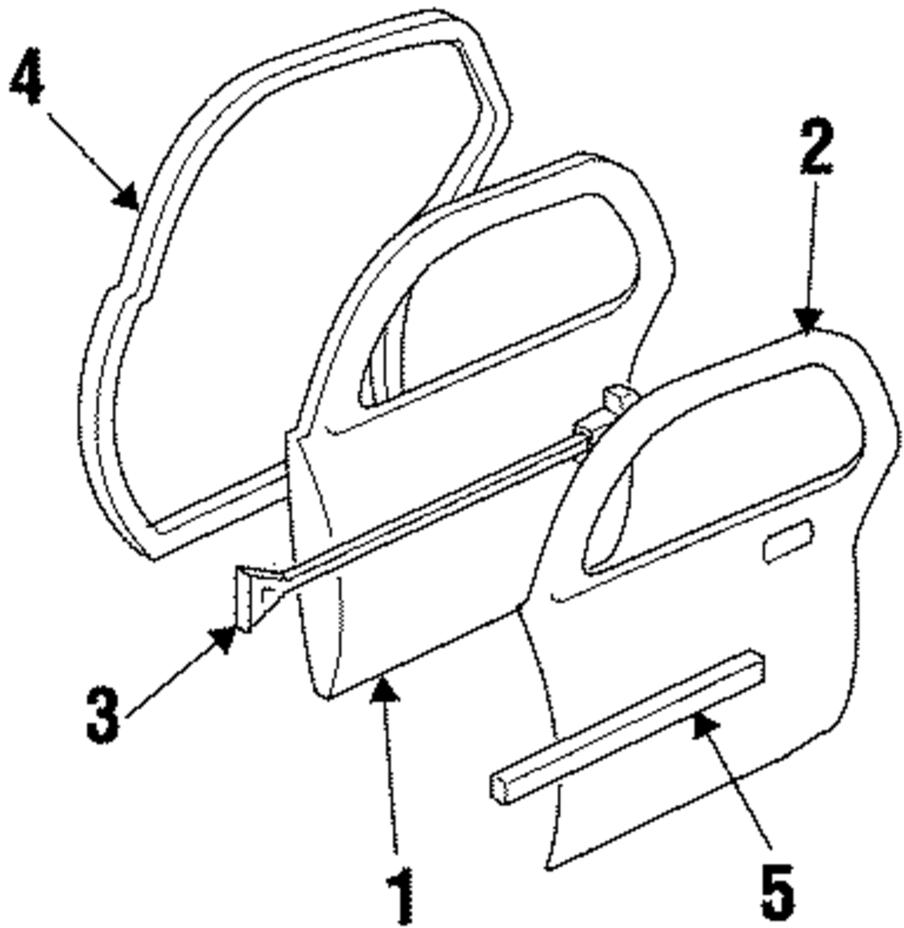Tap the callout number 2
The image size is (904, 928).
(815, 147)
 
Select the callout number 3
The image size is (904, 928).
(102, 714)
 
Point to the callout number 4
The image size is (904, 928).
(28, 80)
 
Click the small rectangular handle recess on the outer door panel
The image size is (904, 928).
(787, 541)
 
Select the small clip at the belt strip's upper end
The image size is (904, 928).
(619, 398)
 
